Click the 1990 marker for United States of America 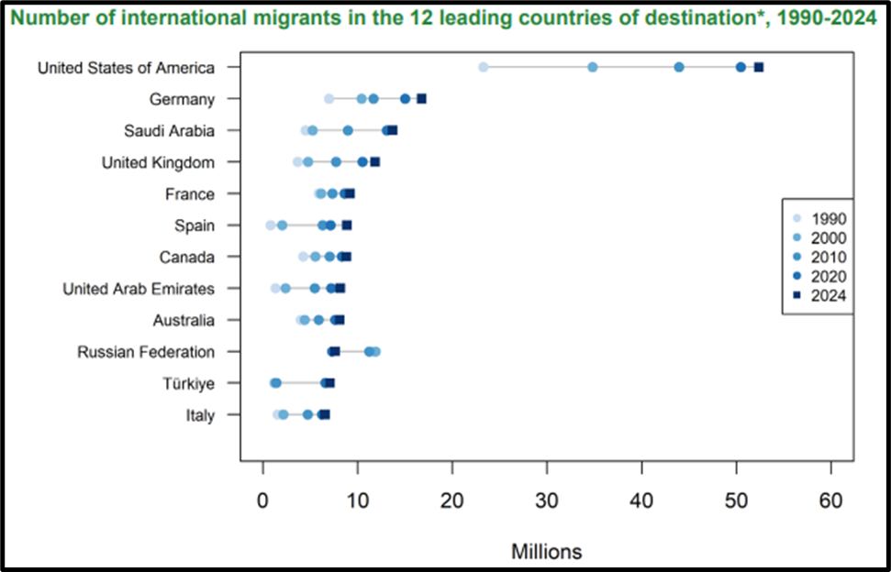(484, 67)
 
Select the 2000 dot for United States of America (593, 67)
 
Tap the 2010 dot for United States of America (679, 67)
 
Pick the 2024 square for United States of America (759, 67)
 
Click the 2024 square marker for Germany (422, 98)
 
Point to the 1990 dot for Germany (329, 98)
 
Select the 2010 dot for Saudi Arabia (348, 130)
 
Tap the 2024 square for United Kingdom (374, 162)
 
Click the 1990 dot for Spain (271, 225)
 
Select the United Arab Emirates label (139, 289)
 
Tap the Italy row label (199, 415)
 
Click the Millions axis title (547, 551)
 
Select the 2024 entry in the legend (827, 295)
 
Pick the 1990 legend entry (827, 218)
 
